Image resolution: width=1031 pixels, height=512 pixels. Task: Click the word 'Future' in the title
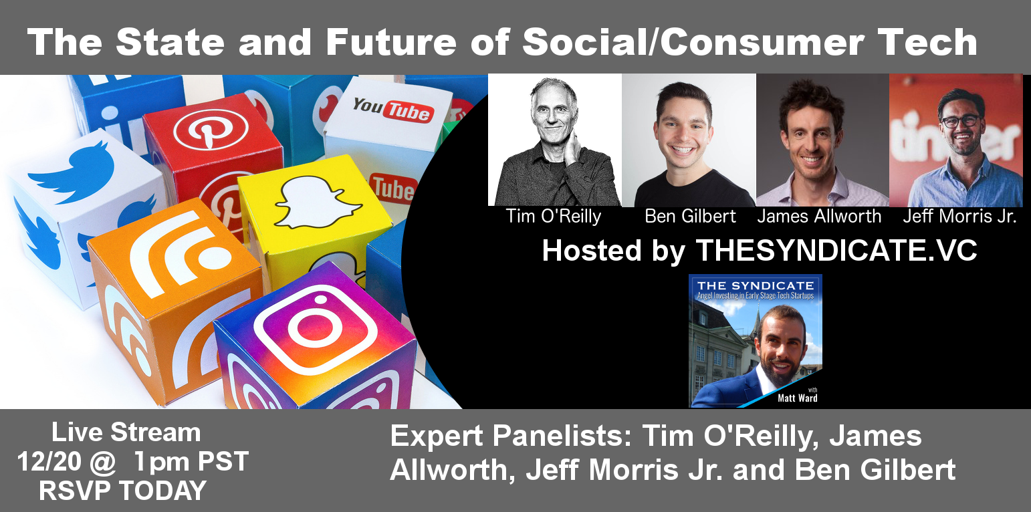[391, 42]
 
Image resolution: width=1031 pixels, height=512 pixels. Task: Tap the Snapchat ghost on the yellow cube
[317, 203]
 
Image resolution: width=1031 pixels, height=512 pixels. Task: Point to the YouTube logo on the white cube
[393, 110]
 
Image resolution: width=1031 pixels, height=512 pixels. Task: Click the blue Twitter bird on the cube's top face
[72, 173]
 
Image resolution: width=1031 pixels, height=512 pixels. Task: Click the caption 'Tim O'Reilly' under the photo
[554, 216]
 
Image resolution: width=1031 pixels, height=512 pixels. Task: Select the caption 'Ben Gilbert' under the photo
[690, 216]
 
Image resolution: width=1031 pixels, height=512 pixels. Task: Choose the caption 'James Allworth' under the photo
[819, 216]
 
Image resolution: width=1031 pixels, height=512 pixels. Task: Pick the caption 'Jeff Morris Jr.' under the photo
[959, 216]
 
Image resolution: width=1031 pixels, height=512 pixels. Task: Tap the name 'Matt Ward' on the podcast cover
[797, 398]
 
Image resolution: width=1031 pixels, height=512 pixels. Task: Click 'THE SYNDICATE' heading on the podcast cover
[756, 285]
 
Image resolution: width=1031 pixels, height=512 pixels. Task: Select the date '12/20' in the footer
[49, 461]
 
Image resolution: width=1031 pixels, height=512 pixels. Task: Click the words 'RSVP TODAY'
[122, 491]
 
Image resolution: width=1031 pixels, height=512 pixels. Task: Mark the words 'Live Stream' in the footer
[126, 432]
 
